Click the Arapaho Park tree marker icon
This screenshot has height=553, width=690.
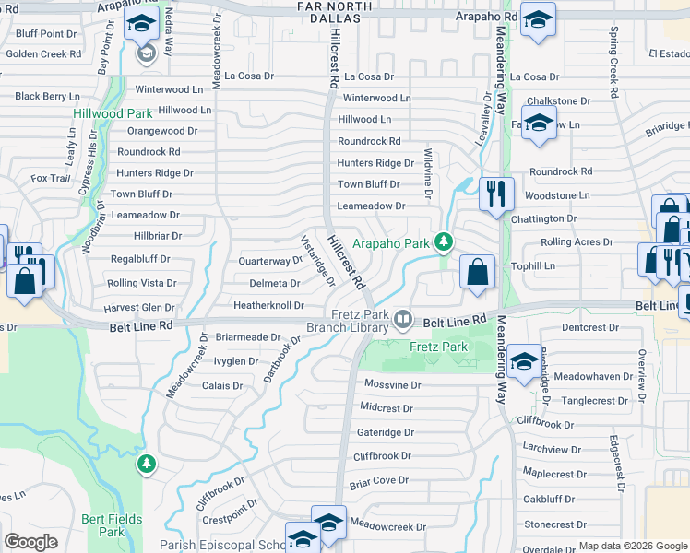(445, 242)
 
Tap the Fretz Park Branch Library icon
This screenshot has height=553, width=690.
(402, 319)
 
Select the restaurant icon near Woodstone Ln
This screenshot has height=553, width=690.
(496, 193)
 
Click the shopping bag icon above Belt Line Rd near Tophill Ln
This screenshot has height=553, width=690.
(477, 272)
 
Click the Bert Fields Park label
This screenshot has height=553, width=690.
(112, 525)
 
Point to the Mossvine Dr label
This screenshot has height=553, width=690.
(391, 384)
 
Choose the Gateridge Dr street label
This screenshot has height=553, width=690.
(386, 431)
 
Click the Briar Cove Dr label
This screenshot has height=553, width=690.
(378, 480)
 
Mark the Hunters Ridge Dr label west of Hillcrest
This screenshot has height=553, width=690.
(154, 172)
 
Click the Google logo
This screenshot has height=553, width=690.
(30, 542)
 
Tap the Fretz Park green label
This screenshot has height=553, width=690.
(438, 347)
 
